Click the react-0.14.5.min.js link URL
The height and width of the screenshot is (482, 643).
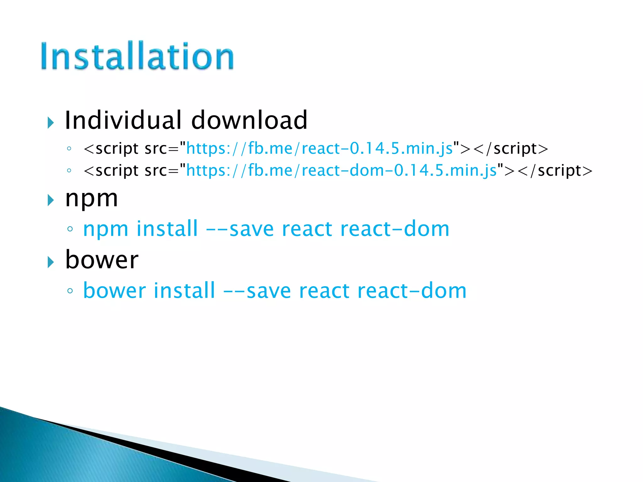319,148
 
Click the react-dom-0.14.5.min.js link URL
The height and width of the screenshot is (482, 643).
342,171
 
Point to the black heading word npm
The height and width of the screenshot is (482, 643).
91,199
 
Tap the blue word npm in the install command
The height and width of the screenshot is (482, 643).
105,229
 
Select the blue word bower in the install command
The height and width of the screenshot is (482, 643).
114,291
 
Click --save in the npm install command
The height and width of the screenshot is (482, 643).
240,229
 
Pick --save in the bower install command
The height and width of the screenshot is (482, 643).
257,291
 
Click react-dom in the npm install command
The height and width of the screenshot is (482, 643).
395,229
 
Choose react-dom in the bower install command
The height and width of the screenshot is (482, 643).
412,291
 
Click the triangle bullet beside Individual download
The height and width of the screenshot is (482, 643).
51,122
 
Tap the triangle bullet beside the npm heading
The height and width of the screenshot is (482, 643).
51,200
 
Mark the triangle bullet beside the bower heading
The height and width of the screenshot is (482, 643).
51,262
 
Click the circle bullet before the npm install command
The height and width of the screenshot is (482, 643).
70,229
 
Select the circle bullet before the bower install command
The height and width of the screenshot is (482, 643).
70,291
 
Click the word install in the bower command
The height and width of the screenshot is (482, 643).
184,291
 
